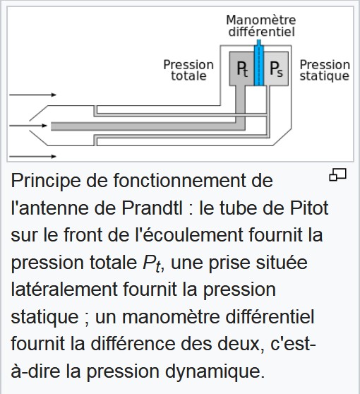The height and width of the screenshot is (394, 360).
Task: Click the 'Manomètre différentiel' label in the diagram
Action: [x=261, y=26]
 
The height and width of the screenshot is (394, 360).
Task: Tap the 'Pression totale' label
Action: [x=188, y=71]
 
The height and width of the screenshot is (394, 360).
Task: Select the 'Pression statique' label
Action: [x=325, y=71]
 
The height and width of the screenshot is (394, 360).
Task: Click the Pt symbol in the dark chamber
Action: [x=242, y=69]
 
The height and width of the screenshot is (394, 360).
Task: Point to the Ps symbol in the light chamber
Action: [x=276, y=69]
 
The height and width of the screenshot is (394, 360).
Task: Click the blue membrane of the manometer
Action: [x=259, y=63]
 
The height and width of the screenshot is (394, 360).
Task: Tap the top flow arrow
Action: [x=32, y=95]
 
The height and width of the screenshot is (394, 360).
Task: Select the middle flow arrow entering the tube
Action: [x=28, y=126]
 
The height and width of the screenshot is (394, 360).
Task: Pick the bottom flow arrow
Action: [x=32, y=156]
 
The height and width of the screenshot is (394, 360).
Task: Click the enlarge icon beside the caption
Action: [x=337, y=174]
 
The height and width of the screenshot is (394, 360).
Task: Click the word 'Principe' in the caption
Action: [x=46, y=181]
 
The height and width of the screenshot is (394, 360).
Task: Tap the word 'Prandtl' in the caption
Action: [x=152, y=208]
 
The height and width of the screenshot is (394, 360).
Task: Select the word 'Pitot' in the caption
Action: [x=309, y=208]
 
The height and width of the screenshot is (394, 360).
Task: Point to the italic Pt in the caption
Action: [x=152, y=264]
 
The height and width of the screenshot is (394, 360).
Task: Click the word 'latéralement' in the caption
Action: [x=64, y=289]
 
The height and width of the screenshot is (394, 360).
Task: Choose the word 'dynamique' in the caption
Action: [x=213, y=371]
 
